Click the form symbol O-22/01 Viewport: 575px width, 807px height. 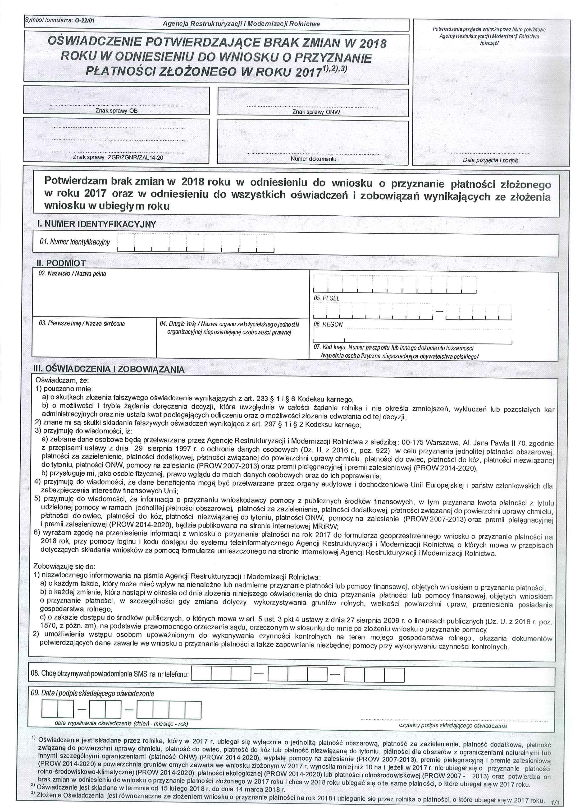[x=85, y=20]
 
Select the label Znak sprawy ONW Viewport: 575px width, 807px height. [x=316, y=112]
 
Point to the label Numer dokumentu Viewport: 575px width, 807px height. [x=313, y=159]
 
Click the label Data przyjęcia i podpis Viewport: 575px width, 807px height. [x=490, y=160]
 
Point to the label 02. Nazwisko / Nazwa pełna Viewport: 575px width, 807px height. [x=72, y=274]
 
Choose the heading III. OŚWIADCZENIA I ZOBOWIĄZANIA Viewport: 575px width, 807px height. [x=109, y=370]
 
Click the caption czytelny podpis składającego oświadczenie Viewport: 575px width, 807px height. [x=453, y=726]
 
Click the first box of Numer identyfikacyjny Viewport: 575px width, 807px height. [x=125, y=243]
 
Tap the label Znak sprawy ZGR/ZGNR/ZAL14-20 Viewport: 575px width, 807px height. [x=118, y=157]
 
